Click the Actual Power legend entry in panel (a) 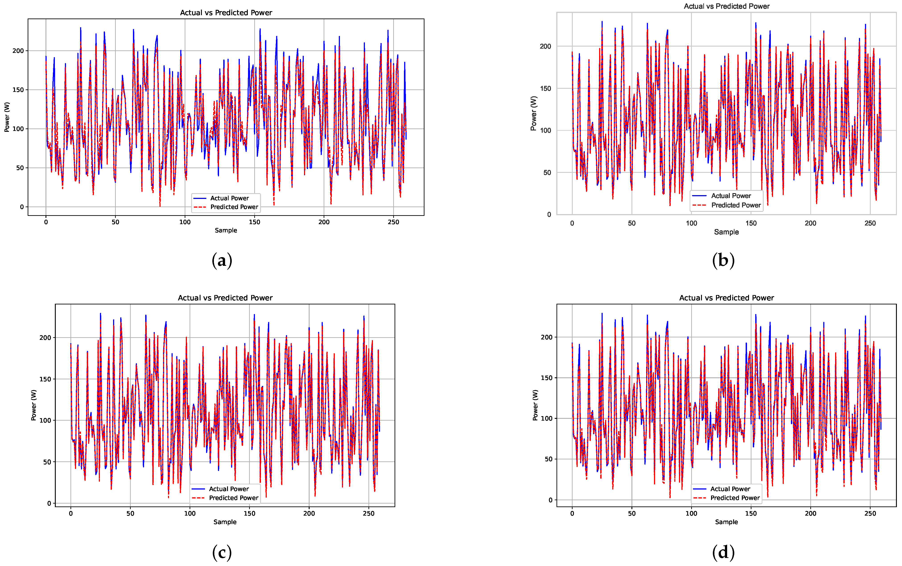coord(229,198)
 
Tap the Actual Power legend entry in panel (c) coord(228,489)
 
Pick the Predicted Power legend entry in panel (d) coord(735,498)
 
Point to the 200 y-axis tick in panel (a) coord(18,51)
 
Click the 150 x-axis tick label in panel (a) coord(254,222)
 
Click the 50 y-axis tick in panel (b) coord(547,173)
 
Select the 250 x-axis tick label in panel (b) coord(870,223)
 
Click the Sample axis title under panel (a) coord(226,230)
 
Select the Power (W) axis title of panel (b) coord(534,114)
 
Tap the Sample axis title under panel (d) coord(726,522)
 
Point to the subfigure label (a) coord(222,260)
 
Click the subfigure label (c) coord(222,552)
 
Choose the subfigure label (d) coord(723,552)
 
